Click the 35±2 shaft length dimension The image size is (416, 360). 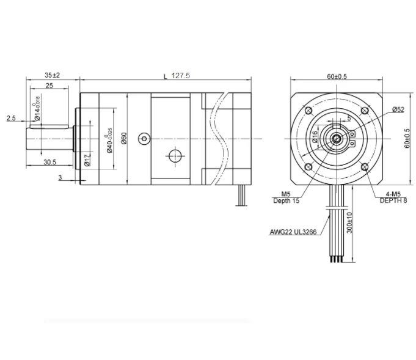point(52,75)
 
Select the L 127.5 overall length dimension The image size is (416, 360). point(177,76)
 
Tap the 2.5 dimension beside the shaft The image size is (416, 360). point(11,118)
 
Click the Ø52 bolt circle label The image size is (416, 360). point(398,109)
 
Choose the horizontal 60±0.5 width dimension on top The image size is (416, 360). point(337,76)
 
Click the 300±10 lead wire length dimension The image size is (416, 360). point(349,222)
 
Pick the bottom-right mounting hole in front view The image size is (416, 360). point(365,167)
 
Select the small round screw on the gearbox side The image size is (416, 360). point(143,139)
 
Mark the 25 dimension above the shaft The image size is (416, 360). point(49,87)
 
